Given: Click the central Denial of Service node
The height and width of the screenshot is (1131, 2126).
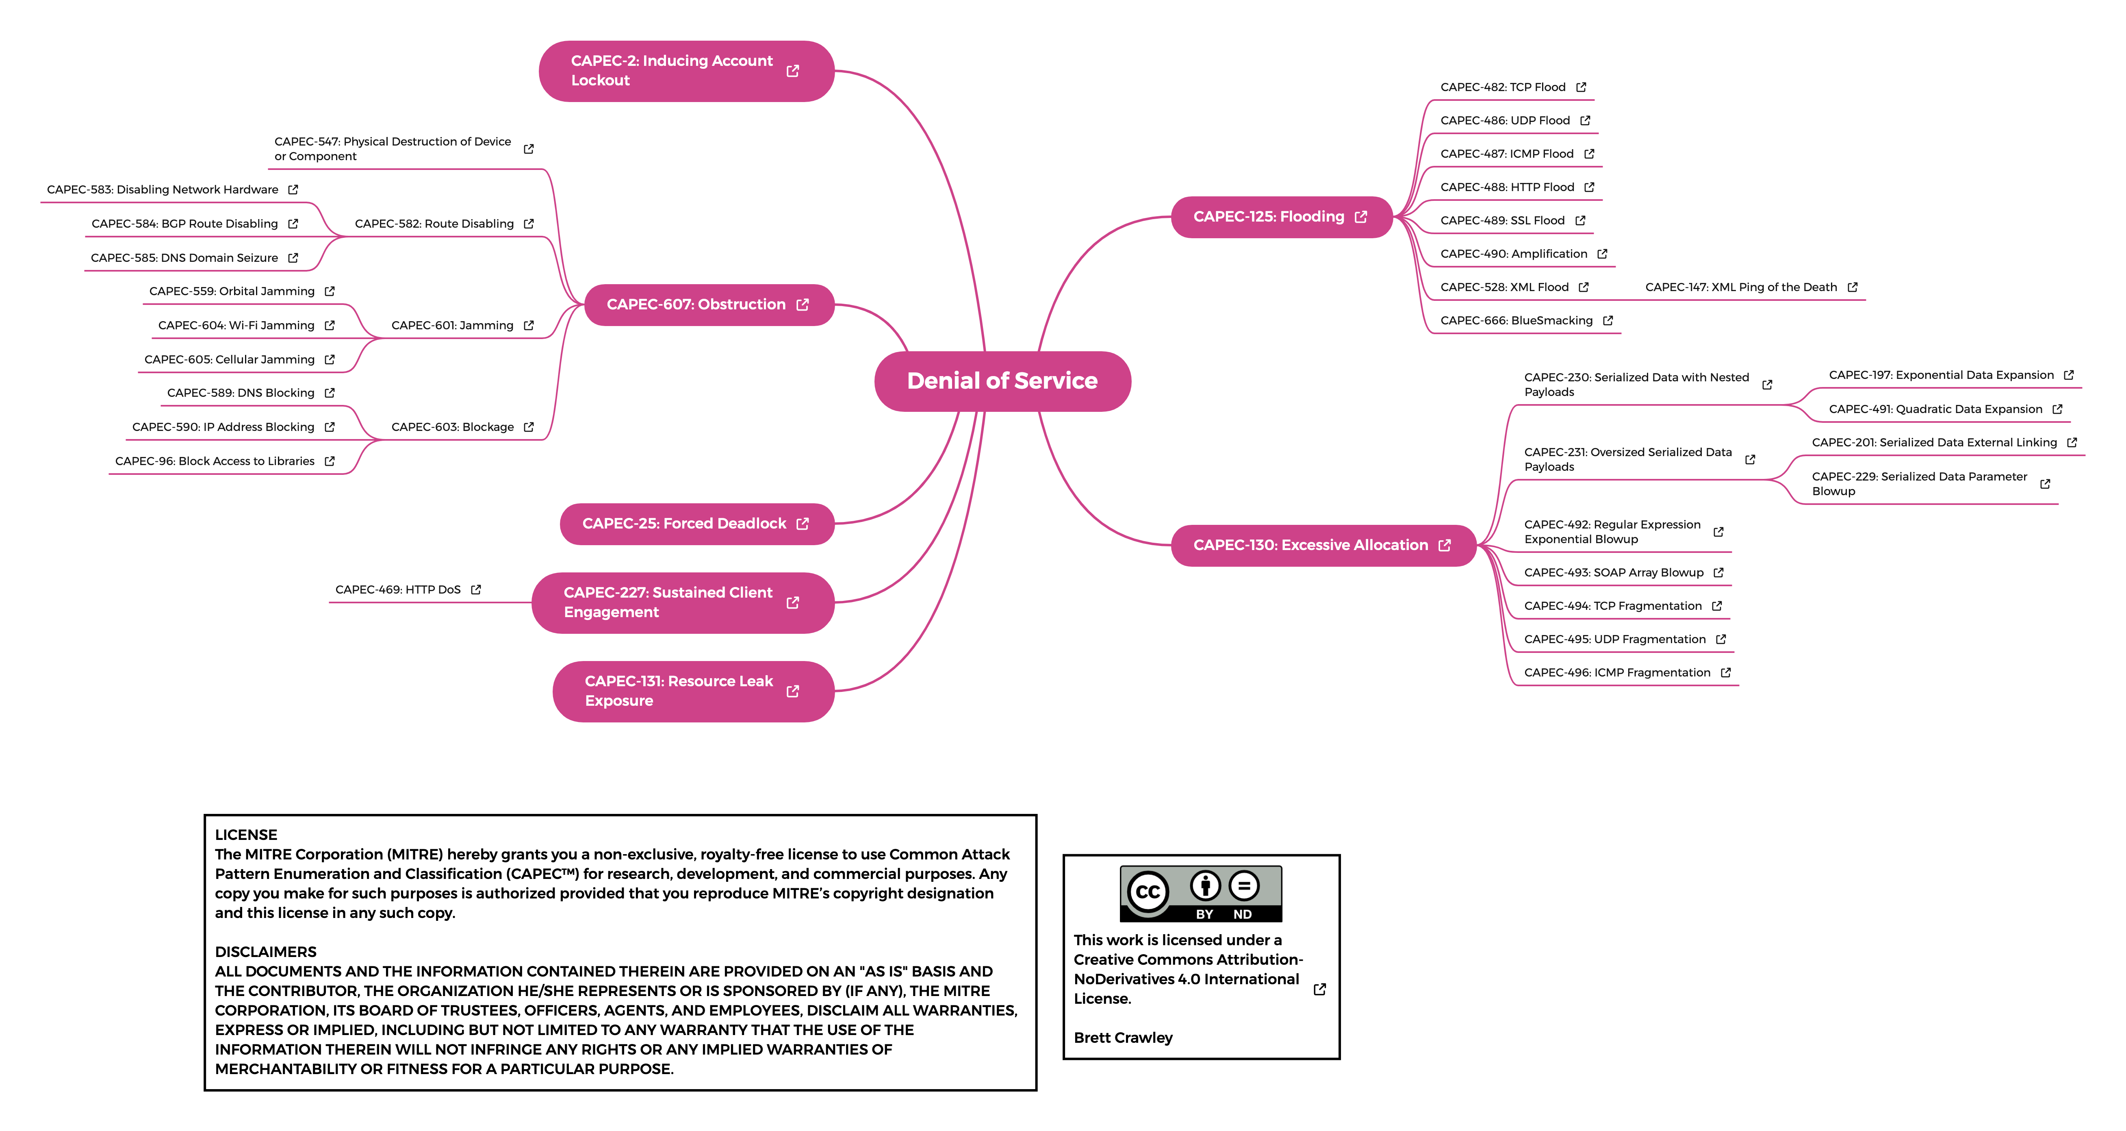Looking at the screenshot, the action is (x=1002, y=381).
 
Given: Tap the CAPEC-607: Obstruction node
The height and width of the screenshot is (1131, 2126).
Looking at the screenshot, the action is (x=709, y=304).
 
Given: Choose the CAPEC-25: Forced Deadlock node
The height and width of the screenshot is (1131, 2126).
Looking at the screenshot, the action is (x=696, y=523).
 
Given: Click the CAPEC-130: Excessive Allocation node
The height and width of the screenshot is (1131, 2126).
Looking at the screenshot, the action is (x=1323, y=545).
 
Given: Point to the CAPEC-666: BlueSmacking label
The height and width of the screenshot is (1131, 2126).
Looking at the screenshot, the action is (x=1516, y=320).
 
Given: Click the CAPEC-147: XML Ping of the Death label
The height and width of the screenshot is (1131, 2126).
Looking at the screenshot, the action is (x=1740, y=287).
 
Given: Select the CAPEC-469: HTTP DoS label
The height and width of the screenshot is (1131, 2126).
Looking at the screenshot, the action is (x=398, y=589).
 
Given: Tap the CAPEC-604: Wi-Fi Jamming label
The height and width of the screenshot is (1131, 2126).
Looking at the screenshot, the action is (x=236, y=325).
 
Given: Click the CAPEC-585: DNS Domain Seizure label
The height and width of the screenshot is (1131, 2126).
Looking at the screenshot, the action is (x=184, y=258).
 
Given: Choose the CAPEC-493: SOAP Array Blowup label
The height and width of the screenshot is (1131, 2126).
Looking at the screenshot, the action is (x=1614, y=572).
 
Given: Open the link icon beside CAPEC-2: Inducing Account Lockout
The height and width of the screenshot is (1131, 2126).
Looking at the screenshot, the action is (x=792, y=71).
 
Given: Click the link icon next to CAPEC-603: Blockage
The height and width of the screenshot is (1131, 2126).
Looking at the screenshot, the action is (x=528, y=427).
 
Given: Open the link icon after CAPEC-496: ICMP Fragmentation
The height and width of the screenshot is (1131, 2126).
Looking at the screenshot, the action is (x=1725, y=673).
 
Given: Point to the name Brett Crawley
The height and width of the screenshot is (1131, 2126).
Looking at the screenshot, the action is (x=1122, y=1038).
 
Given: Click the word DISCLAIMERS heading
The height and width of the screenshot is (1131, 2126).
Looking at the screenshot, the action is (x=266, y=952).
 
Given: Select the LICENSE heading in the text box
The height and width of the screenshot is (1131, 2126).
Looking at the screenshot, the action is (x=246, y=835).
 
